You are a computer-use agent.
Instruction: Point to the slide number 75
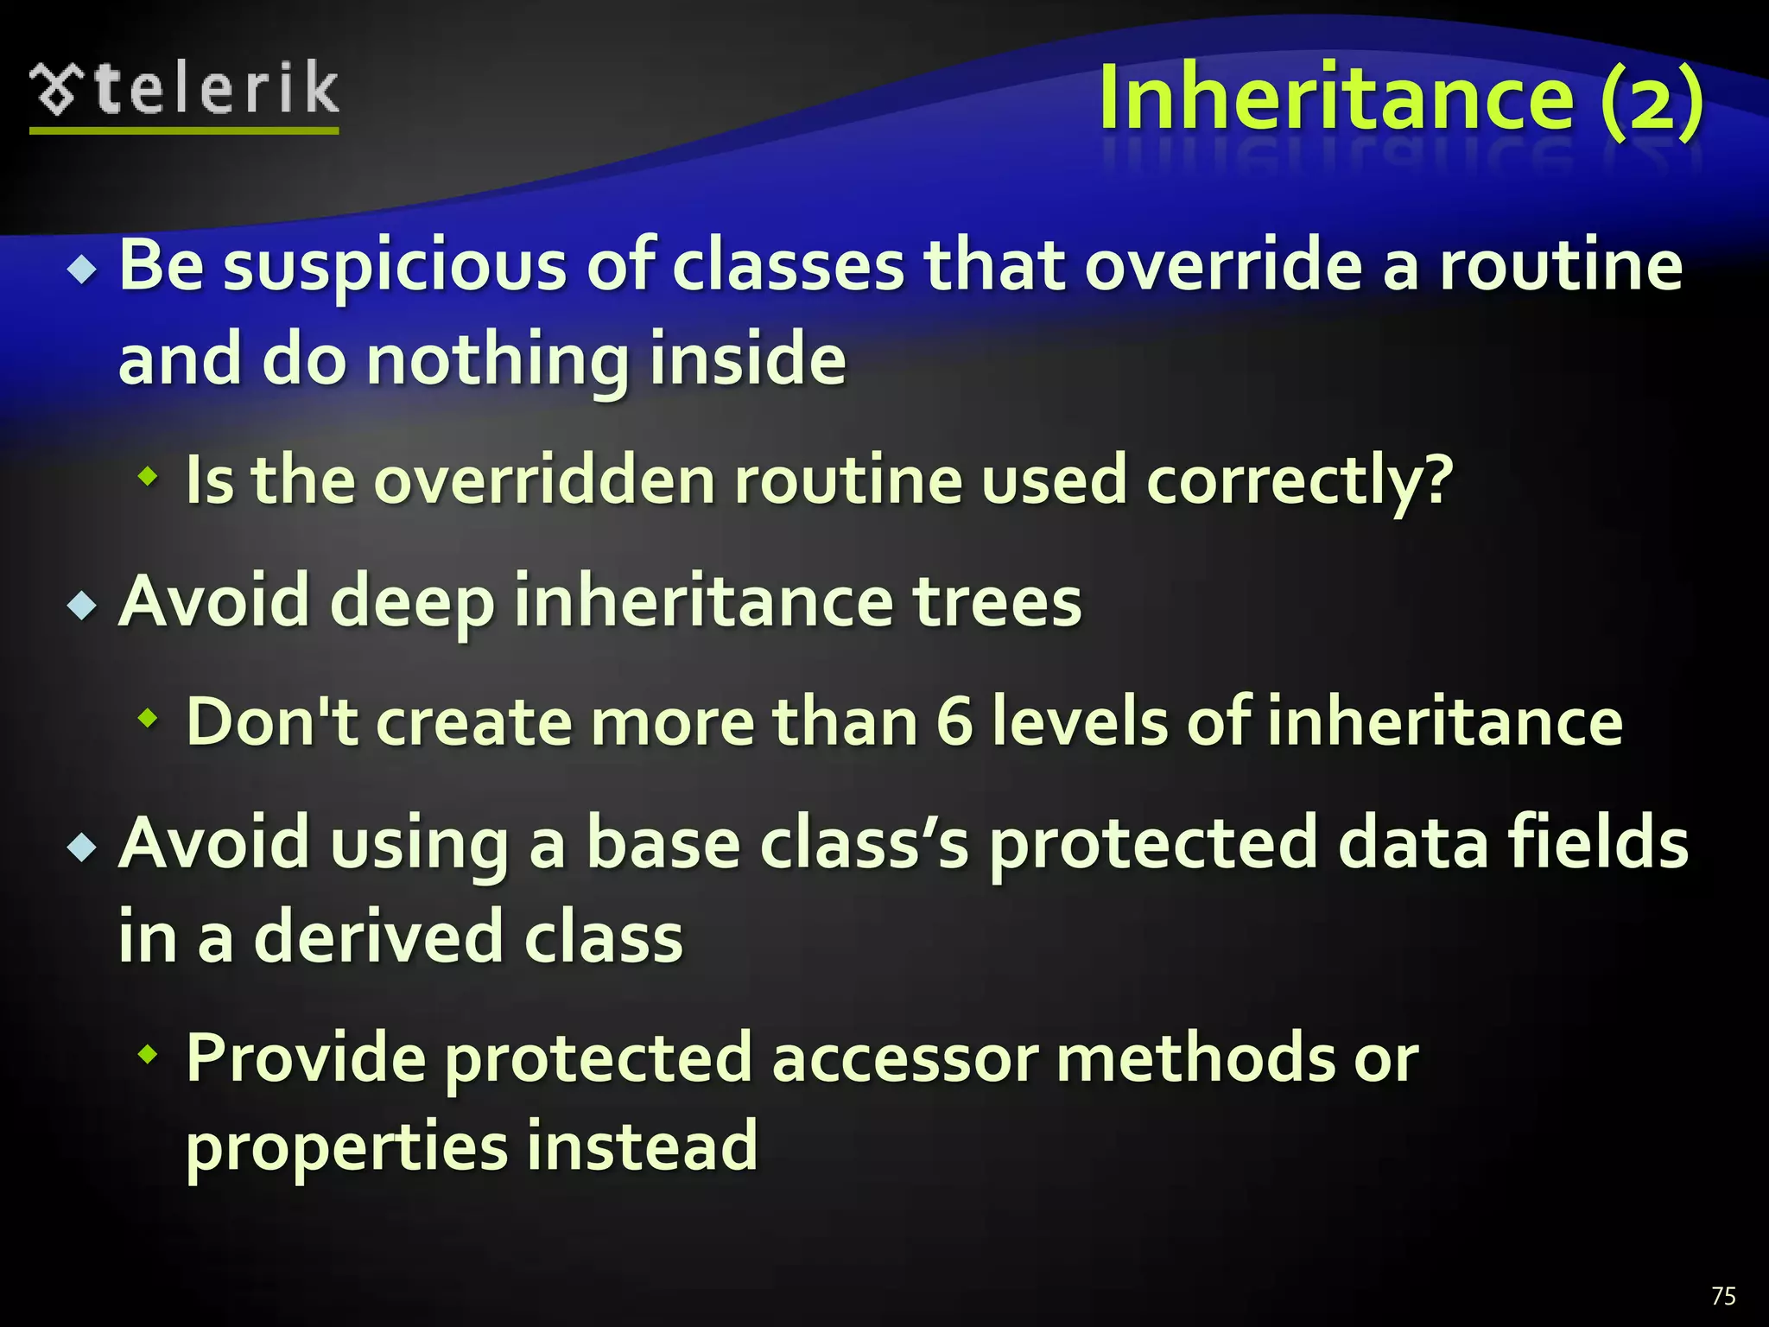(1722, 1296)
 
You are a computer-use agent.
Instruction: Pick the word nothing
(497, 361)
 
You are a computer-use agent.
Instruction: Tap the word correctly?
(1300, 482)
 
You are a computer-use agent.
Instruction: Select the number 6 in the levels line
(954, 722)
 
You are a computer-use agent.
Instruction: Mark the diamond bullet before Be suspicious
(82, 271)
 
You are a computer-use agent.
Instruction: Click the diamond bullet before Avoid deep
(82, 606)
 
